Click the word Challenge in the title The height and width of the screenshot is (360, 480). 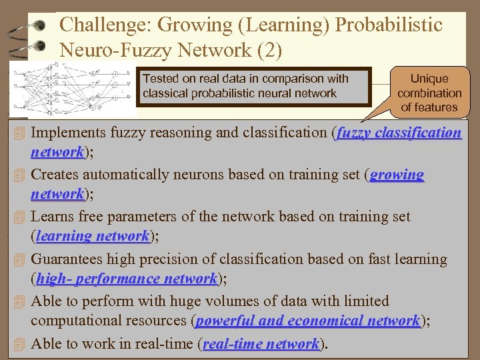tap(101, 26)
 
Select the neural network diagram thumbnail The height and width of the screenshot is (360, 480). tap(71, 91)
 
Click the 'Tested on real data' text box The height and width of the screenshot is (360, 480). tap(253, 87)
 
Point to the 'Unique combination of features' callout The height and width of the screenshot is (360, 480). tap(429, 93)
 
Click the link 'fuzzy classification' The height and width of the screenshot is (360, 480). tap(399, 133)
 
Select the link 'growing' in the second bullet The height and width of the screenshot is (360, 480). tap(397, 175)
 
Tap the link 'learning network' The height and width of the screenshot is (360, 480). tap(93, 236)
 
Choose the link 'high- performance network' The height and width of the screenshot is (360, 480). tap(127, 279)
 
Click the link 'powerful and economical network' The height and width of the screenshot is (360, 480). tap(307, 321)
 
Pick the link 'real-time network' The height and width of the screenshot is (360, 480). tap(261, 344)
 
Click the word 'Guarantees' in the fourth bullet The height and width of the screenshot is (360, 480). tap(67, 259)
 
